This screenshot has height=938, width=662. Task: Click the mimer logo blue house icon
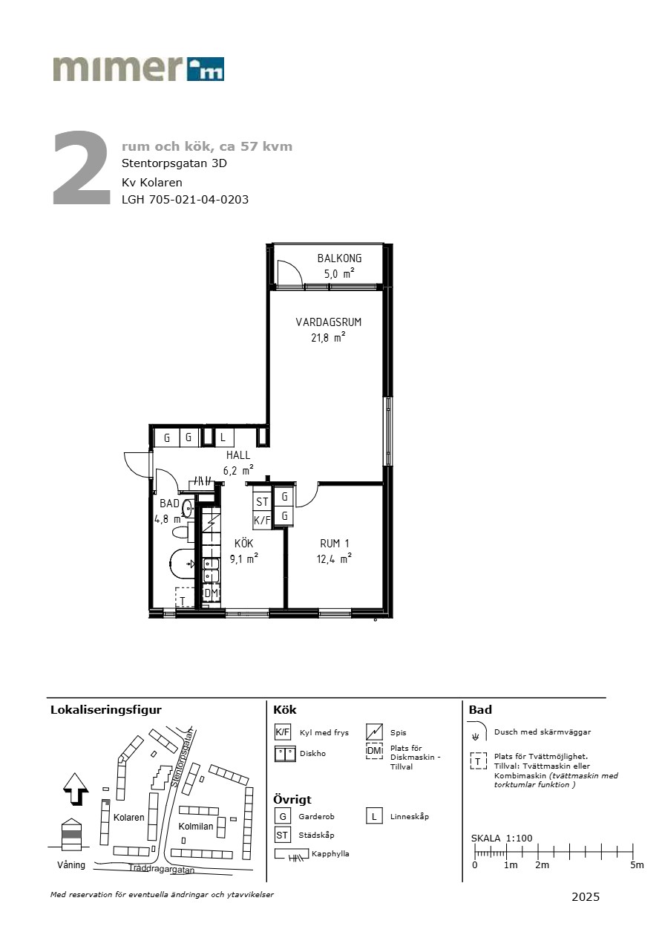(x=205, y=69)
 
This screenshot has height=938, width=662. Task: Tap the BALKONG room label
(x=339, y=258)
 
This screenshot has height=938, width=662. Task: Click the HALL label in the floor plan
(x=238, y=455)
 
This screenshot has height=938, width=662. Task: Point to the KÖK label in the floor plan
(x=243, y=544)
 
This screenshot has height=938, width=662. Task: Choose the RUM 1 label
(x=335, y=544)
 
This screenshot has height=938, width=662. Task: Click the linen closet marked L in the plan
(x=223, y=437)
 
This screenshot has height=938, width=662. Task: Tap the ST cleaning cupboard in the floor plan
(x=263, y=501)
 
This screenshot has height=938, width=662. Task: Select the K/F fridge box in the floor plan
(x=263, y=520)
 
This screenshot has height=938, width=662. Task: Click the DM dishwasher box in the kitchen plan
(x=212, y=593)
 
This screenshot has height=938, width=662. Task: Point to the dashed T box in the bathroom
(x=185, y=597)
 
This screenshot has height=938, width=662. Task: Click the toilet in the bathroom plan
(x=182, y=533)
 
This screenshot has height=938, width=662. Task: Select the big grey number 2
(x=81, y=168)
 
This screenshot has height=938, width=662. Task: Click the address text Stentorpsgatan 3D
(x=174, y=163)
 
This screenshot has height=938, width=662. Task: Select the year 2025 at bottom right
(x=586, y=896)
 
